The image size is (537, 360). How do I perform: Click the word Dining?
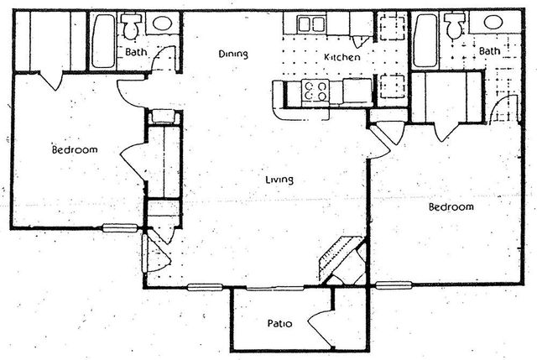233,55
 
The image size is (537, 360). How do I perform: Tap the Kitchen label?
342,57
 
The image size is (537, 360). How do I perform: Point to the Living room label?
279,179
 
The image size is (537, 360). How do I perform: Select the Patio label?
279,322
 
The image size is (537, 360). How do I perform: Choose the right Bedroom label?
451,206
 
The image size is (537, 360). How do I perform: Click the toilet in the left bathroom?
131,28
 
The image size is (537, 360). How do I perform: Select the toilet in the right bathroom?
454,28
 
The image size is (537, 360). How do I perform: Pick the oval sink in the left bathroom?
163,23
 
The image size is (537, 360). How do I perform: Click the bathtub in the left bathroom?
104,40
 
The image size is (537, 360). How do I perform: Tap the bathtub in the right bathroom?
425,40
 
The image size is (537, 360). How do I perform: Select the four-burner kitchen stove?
316,91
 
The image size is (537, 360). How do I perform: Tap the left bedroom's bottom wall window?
120,227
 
